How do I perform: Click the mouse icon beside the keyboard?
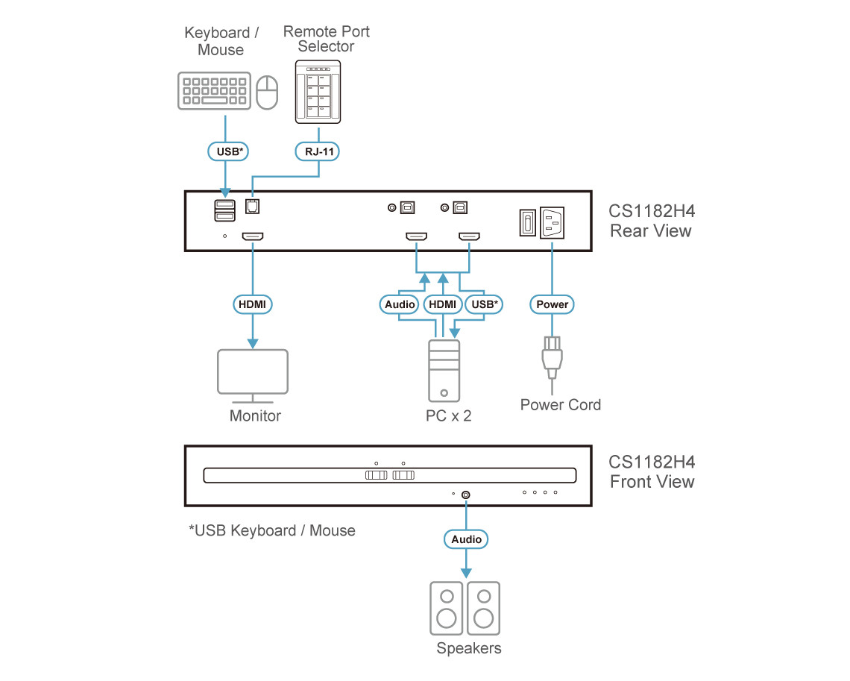click(x=267, y=92)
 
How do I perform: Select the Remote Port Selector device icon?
click(x=319, y=92)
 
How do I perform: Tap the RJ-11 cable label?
click(x=319, y=151)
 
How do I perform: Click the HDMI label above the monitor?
click(x=253, y=304)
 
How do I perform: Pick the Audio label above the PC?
click(x=400, y=304)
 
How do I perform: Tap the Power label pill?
click(x=552, y=304)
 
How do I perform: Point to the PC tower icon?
click(x=444, y=371)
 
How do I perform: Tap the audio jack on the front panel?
click(x=467, y=495)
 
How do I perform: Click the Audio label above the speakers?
click(x=467, y=539)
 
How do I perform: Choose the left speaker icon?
click(x=447, y=608)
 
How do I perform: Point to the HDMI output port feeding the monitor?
click(x=252, y=237)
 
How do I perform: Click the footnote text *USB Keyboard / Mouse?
click(x=272, y=531)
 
